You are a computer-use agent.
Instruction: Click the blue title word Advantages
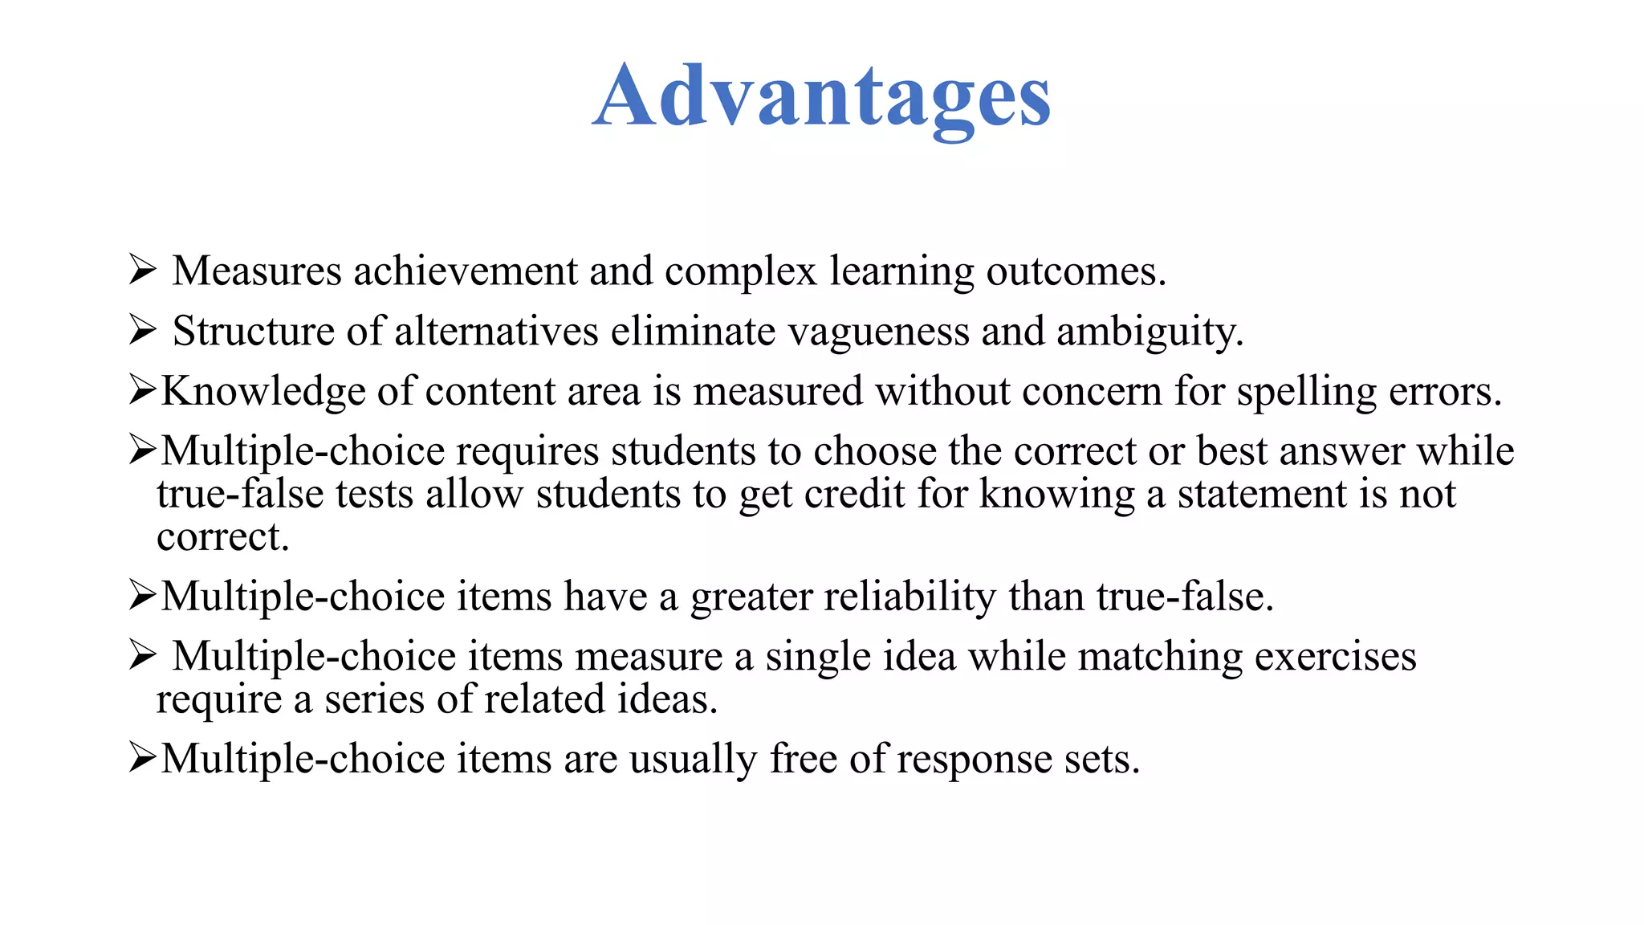coord(821,98)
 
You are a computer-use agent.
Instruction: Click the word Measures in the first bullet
coord(256,271)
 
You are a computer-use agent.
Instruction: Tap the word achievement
coord(465,271)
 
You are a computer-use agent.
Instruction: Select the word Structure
coord(253,331)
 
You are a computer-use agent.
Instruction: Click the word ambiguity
coord(1150,332)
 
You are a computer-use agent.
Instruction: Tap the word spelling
coord(1306,392)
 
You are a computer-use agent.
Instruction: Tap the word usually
coord(693,760)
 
